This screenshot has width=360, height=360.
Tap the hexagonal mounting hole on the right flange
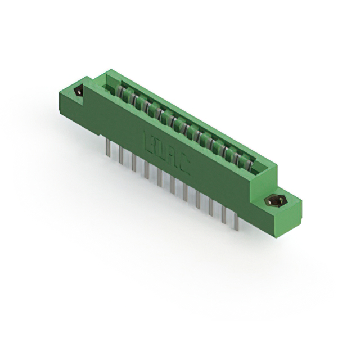[275, 201]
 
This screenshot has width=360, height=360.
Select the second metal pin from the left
[120, 153]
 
